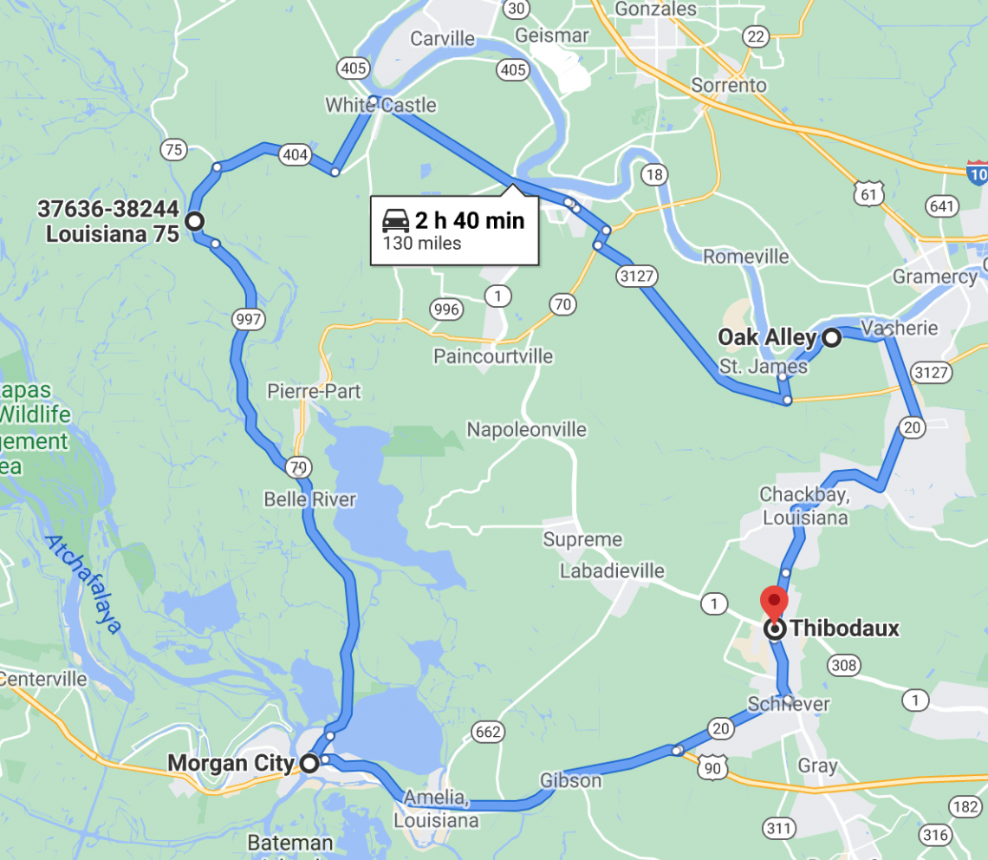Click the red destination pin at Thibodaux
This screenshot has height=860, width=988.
click(773, 601)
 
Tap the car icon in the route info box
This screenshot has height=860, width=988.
click(396, 220)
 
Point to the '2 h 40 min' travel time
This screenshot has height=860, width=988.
click(470, 220)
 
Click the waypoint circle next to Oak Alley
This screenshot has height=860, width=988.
click(831, 338)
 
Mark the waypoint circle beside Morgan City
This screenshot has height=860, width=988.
click(309, 764)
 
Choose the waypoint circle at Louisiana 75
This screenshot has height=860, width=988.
click(195, 221)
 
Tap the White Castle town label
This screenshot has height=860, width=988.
click(380, 106)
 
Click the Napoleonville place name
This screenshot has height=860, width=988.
click(526, 429)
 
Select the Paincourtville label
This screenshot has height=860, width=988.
click(493, 356)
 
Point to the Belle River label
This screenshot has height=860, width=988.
click(310, 499)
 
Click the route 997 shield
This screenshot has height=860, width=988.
click(248, 320)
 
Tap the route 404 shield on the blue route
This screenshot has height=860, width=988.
click(295, 155)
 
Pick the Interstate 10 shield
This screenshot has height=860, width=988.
click(978, 171)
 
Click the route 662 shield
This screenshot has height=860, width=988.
click(488, 733)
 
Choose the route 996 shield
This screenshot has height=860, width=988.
click(445, 309)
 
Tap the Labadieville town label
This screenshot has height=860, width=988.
click(612, 570)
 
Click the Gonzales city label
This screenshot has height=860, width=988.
click(654, 9)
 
